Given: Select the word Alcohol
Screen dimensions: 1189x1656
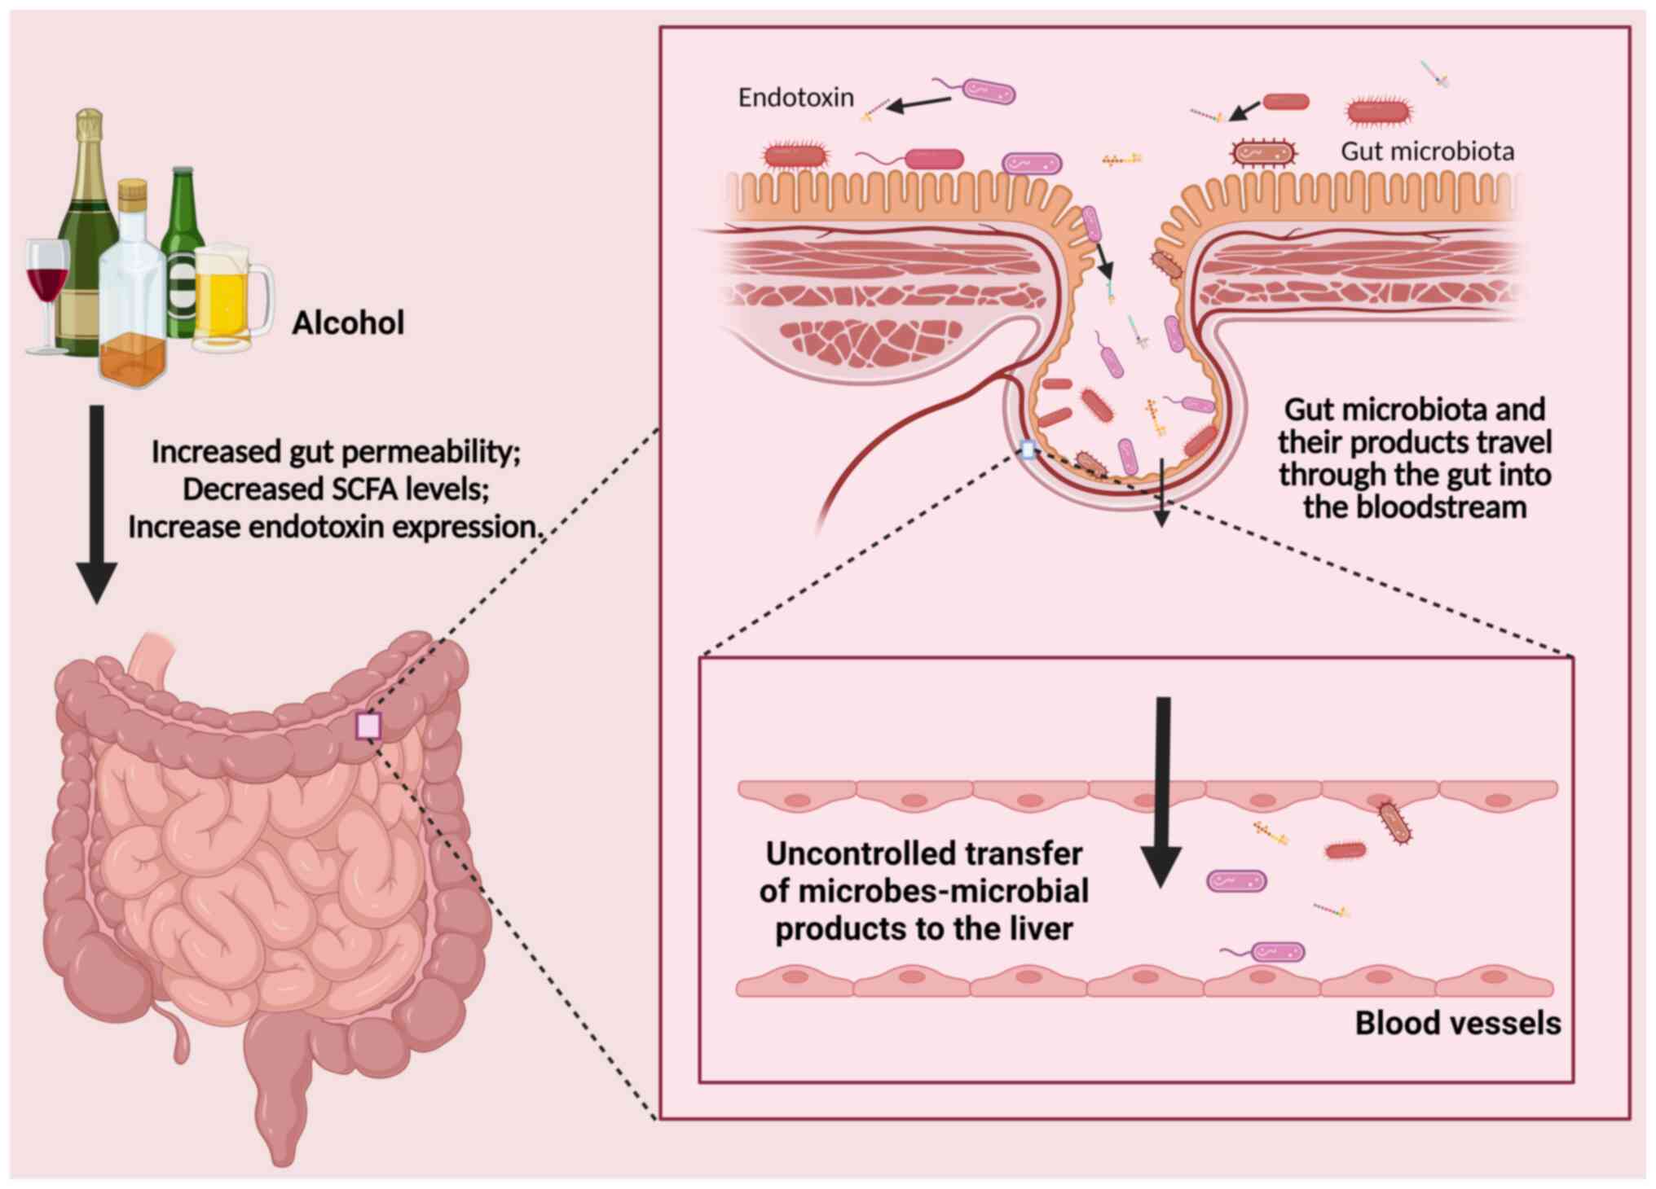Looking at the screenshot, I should point(348,323).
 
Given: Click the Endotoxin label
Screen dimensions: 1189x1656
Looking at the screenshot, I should point(795,98).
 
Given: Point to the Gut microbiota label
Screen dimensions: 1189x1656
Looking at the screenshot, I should point(1427,151).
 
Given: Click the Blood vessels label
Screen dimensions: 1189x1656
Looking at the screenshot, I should point(1457,1023).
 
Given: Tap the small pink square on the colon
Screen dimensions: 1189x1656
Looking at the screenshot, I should point(368,726).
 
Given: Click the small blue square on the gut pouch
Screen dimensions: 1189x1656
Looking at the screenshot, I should point(1028,450).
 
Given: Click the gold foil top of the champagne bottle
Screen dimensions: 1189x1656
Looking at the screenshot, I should point(90,130).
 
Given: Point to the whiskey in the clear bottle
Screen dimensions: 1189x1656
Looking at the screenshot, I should point(132,358).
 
